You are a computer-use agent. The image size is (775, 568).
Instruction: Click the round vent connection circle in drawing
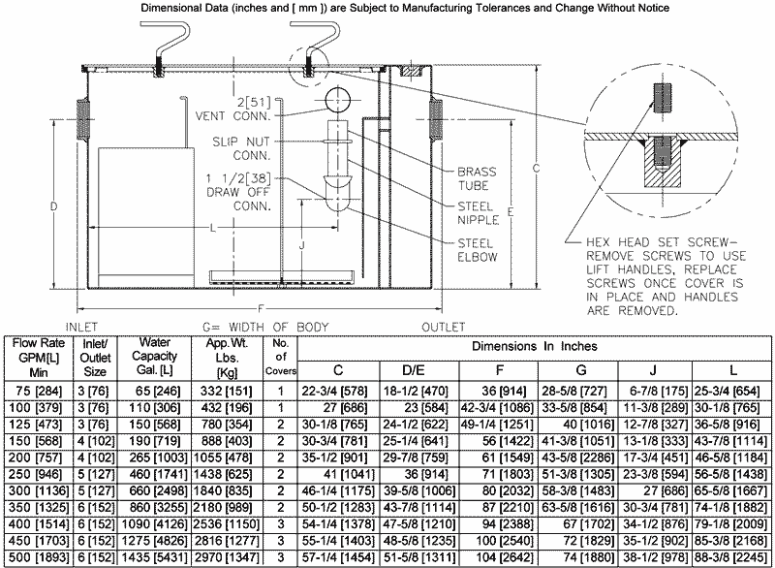point(338,100)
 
